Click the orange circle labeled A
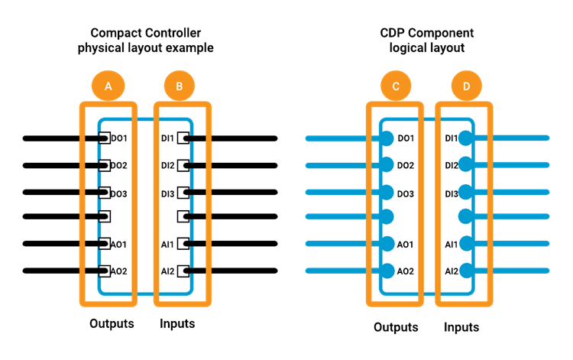[x=108, y=86]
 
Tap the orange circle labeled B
[x=179, y=86]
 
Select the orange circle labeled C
[x=396, y=86]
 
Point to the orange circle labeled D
[x=466, y=86]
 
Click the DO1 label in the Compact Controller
[x=118, y=138]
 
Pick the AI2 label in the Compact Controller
[x=168, y=271]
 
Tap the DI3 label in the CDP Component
[x=452, y=193]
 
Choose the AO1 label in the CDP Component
[x=405, y=244]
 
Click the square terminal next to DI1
[x=183, y=138]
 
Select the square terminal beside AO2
[x=105, y=271]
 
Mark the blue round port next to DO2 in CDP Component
[x=387, y=165]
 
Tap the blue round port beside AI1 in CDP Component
[x=466, y=244]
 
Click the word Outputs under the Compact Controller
[x=112, y=323]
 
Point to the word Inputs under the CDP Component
[x=461, y=327]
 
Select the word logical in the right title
[x=406, y=48]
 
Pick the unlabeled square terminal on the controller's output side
[x=105, y=216]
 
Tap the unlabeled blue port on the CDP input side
[x=466, y=216]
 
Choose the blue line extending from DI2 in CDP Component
[x=508, y=165]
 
